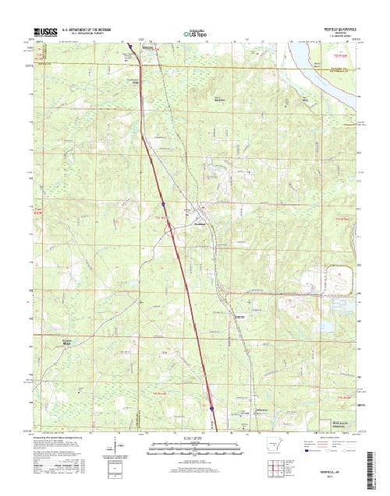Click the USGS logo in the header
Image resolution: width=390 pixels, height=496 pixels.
point(45,30)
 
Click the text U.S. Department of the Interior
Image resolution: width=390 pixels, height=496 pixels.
point(92,28)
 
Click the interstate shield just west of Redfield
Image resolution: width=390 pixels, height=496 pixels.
point(164,205)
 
